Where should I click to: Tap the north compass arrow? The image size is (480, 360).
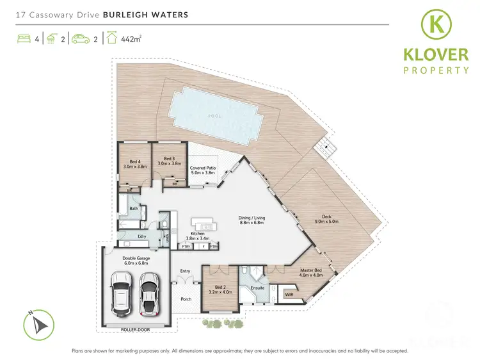(40, 322)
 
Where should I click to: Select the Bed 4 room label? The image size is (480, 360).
(135, 163)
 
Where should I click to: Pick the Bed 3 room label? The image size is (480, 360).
(169, 161)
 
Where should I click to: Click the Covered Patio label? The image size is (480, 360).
(204, 170)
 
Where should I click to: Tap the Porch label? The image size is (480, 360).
(186, 299)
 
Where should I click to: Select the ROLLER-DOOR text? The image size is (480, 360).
(135, 331)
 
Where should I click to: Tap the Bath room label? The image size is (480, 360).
(134, 209)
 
